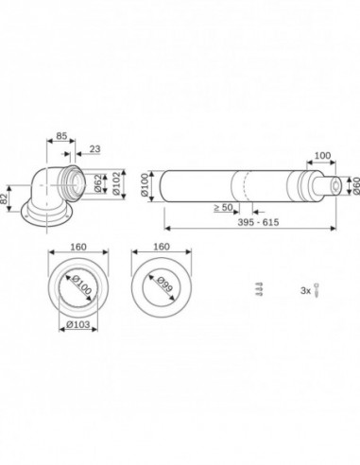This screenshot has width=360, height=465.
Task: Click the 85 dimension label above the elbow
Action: [x=61, y=136]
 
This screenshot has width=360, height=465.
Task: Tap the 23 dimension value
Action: [x=94, y=148]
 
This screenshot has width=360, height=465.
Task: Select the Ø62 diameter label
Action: [x=98, y=183]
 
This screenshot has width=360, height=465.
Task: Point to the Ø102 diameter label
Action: [x=116, y=184]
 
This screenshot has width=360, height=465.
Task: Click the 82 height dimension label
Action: [x=4, y=199]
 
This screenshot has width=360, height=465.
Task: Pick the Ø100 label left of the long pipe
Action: [x=145, y=185]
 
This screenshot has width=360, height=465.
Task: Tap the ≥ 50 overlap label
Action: [x=223, y=208]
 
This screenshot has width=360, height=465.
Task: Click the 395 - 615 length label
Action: [x=258, y=222]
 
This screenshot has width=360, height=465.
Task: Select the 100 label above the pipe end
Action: [x=323, y=155]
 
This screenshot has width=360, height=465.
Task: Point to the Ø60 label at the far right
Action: [x=356, y=186]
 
